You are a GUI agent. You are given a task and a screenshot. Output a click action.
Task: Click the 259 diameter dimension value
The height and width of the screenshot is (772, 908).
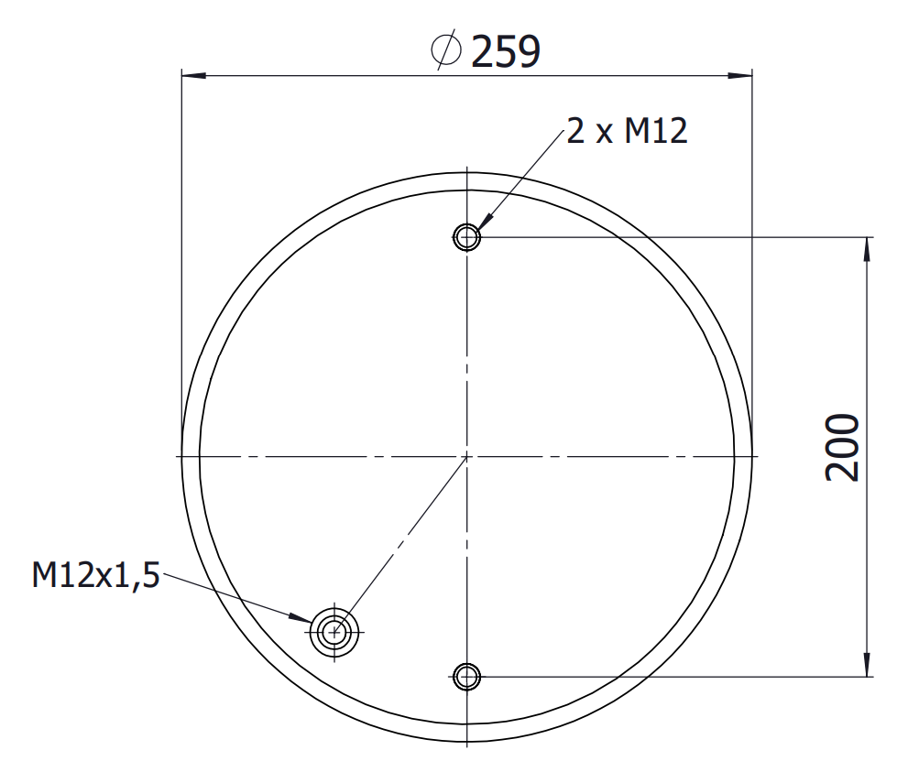pos(506,51)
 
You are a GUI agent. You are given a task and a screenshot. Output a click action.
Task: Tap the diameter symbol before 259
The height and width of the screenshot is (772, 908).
pos(446,49)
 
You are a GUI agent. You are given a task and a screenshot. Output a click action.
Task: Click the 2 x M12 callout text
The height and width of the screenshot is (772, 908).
pos(627,130)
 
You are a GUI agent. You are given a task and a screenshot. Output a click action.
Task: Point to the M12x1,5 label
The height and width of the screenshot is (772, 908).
pos(95,575)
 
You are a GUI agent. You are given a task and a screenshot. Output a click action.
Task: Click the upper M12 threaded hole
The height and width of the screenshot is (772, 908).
pos(466,236)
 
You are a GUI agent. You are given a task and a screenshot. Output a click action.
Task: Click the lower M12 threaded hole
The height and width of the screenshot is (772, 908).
pos(466,676)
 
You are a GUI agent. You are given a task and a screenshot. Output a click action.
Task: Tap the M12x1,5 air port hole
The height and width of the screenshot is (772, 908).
pos(334,633)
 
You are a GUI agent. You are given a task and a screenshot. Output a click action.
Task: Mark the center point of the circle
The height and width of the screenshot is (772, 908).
pos(466,457)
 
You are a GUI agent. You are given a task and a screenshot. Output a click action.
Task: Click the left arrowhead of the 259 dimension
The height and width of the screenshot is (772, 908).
pos(194,75)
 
